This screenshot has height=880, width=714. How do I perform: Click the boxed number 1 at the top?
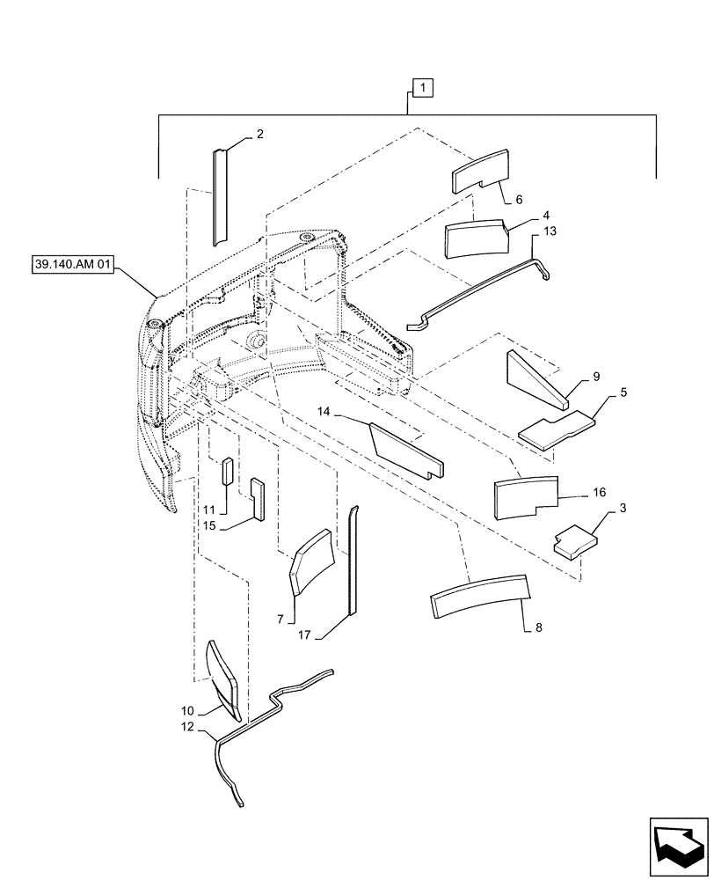423,89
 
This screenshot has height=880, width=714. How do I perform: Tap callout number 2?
259,135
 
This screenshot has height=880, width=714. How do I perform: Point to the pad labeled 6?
480,172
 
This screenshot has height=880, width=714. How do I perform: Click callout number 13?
550,231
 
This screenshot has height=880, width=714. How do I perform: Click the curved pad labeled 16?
526,495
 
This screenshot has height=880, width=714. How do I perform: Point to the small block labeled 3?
572,540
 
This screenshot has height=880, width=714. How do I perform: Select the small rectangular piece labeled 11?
225,472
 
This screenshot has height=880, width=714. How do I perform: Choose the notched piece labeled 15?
258,498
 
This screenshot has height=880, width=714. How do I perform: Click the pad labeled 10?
222,673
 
